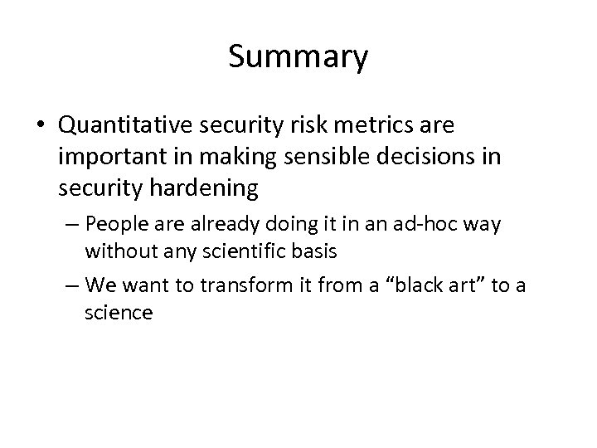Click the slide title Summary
(298, 57)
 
